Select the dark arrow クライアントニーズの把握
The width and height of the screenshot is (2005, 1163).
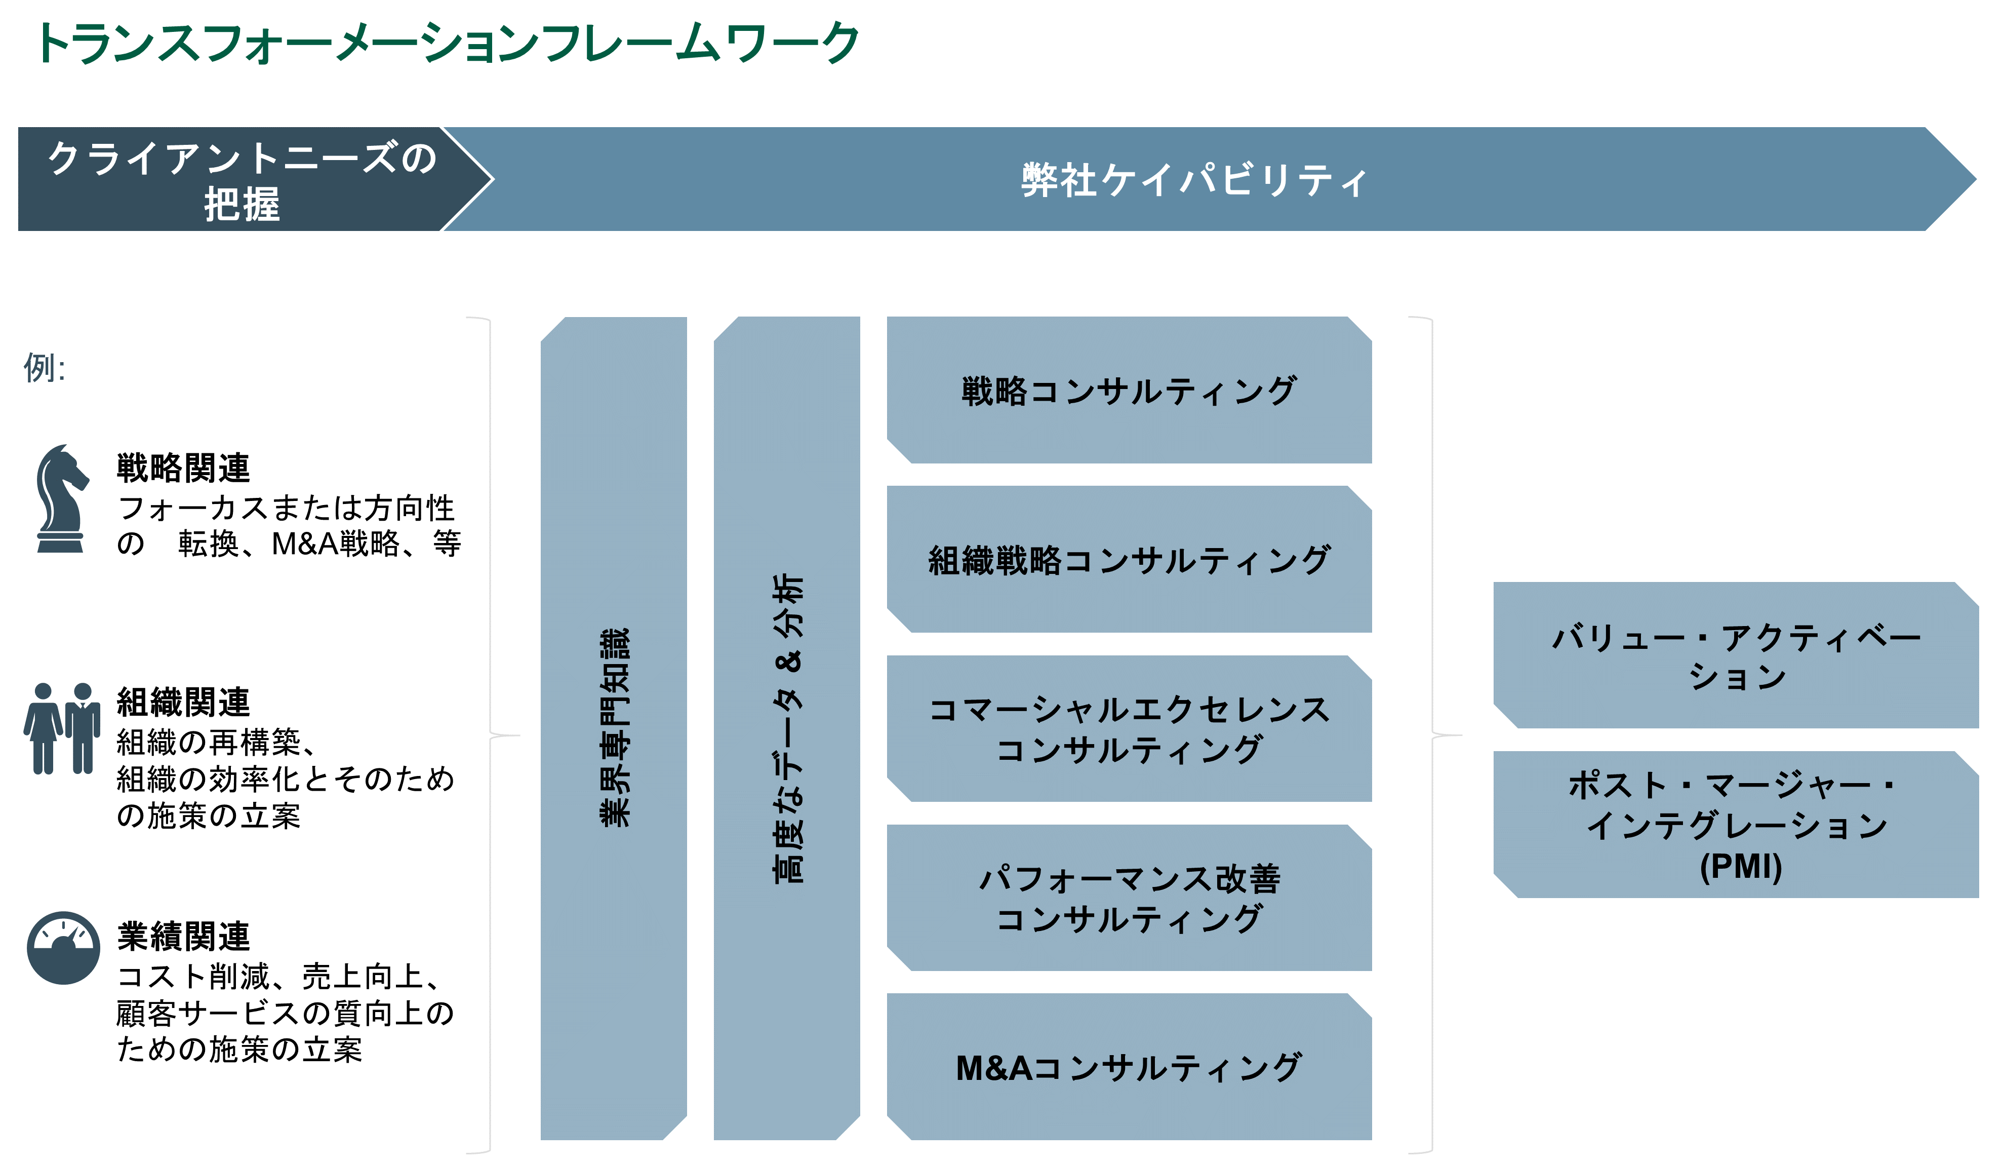(x=238, y=180)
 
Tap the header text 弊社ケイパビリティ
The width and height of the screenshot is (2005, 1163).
(x=1193, y=180)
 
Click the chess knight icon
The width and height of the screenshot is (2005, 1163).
(x=60, y=498)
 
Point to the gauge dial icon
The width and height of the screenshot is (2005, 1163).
(x=64, y=947)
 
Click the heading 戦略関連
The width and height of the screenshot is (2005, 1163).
(x=183, y=468)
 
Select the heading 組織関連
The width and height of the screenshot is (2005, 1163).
(x=183, y=702)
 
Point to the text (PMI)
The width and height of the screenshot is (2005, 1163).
(x=1741, y=866)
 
